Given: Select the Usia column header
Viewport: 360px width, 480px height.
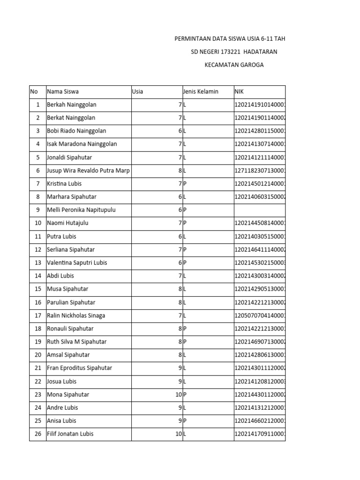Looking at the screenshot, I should coord(138,92).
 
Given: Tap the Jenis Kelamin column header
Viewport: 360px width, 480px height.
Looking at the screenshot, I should coord(201,92).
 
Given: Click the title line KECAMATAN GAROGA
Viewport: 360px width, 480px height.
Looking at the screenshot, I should coord(234,65).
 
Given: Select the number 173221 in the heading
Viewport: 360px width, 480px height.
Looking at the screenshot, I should coord(224,52).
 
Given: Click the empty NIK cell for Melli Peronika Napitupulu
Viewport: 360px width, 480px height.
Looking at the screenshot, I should coord(259,210).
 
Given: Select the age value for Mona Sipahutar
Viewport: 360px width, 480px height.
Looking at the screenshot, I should coord(178,395).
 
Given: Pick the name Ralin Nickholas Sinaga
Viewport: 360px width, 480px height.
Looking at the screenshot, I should coord(76,315).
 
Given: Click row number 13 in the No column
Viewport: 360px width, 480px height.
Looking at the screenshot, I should coord(37,262).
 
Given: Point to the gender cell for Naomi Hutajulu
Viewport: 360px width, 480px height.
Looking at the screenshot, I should coord(185,223).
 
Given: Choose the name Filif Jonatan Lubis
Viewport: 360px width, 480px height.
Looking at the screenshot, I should coord(70,434).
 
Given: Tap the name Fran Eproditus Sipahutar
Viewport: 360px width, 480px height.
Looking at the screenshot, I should coord(79,368).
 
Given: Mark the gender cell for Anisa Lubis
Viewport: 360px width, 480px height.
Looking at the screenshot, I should coord(185,421).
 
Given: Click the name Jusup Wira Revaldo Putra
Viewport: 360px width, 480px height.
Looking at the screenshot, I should coord(88,171).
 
